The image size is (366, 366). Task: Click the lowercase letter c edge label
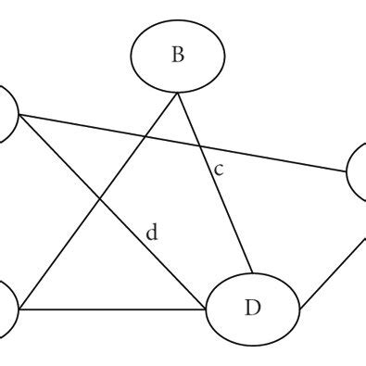[219, 170]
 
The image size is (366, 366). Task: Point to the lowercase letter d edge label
[152, 233]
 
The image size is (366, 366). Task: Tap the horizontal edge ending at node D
[111, 309]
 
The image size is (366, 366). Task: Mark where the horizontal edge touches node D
[206, 309]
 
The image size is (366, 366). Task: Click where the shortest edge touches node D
[297, 303]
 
